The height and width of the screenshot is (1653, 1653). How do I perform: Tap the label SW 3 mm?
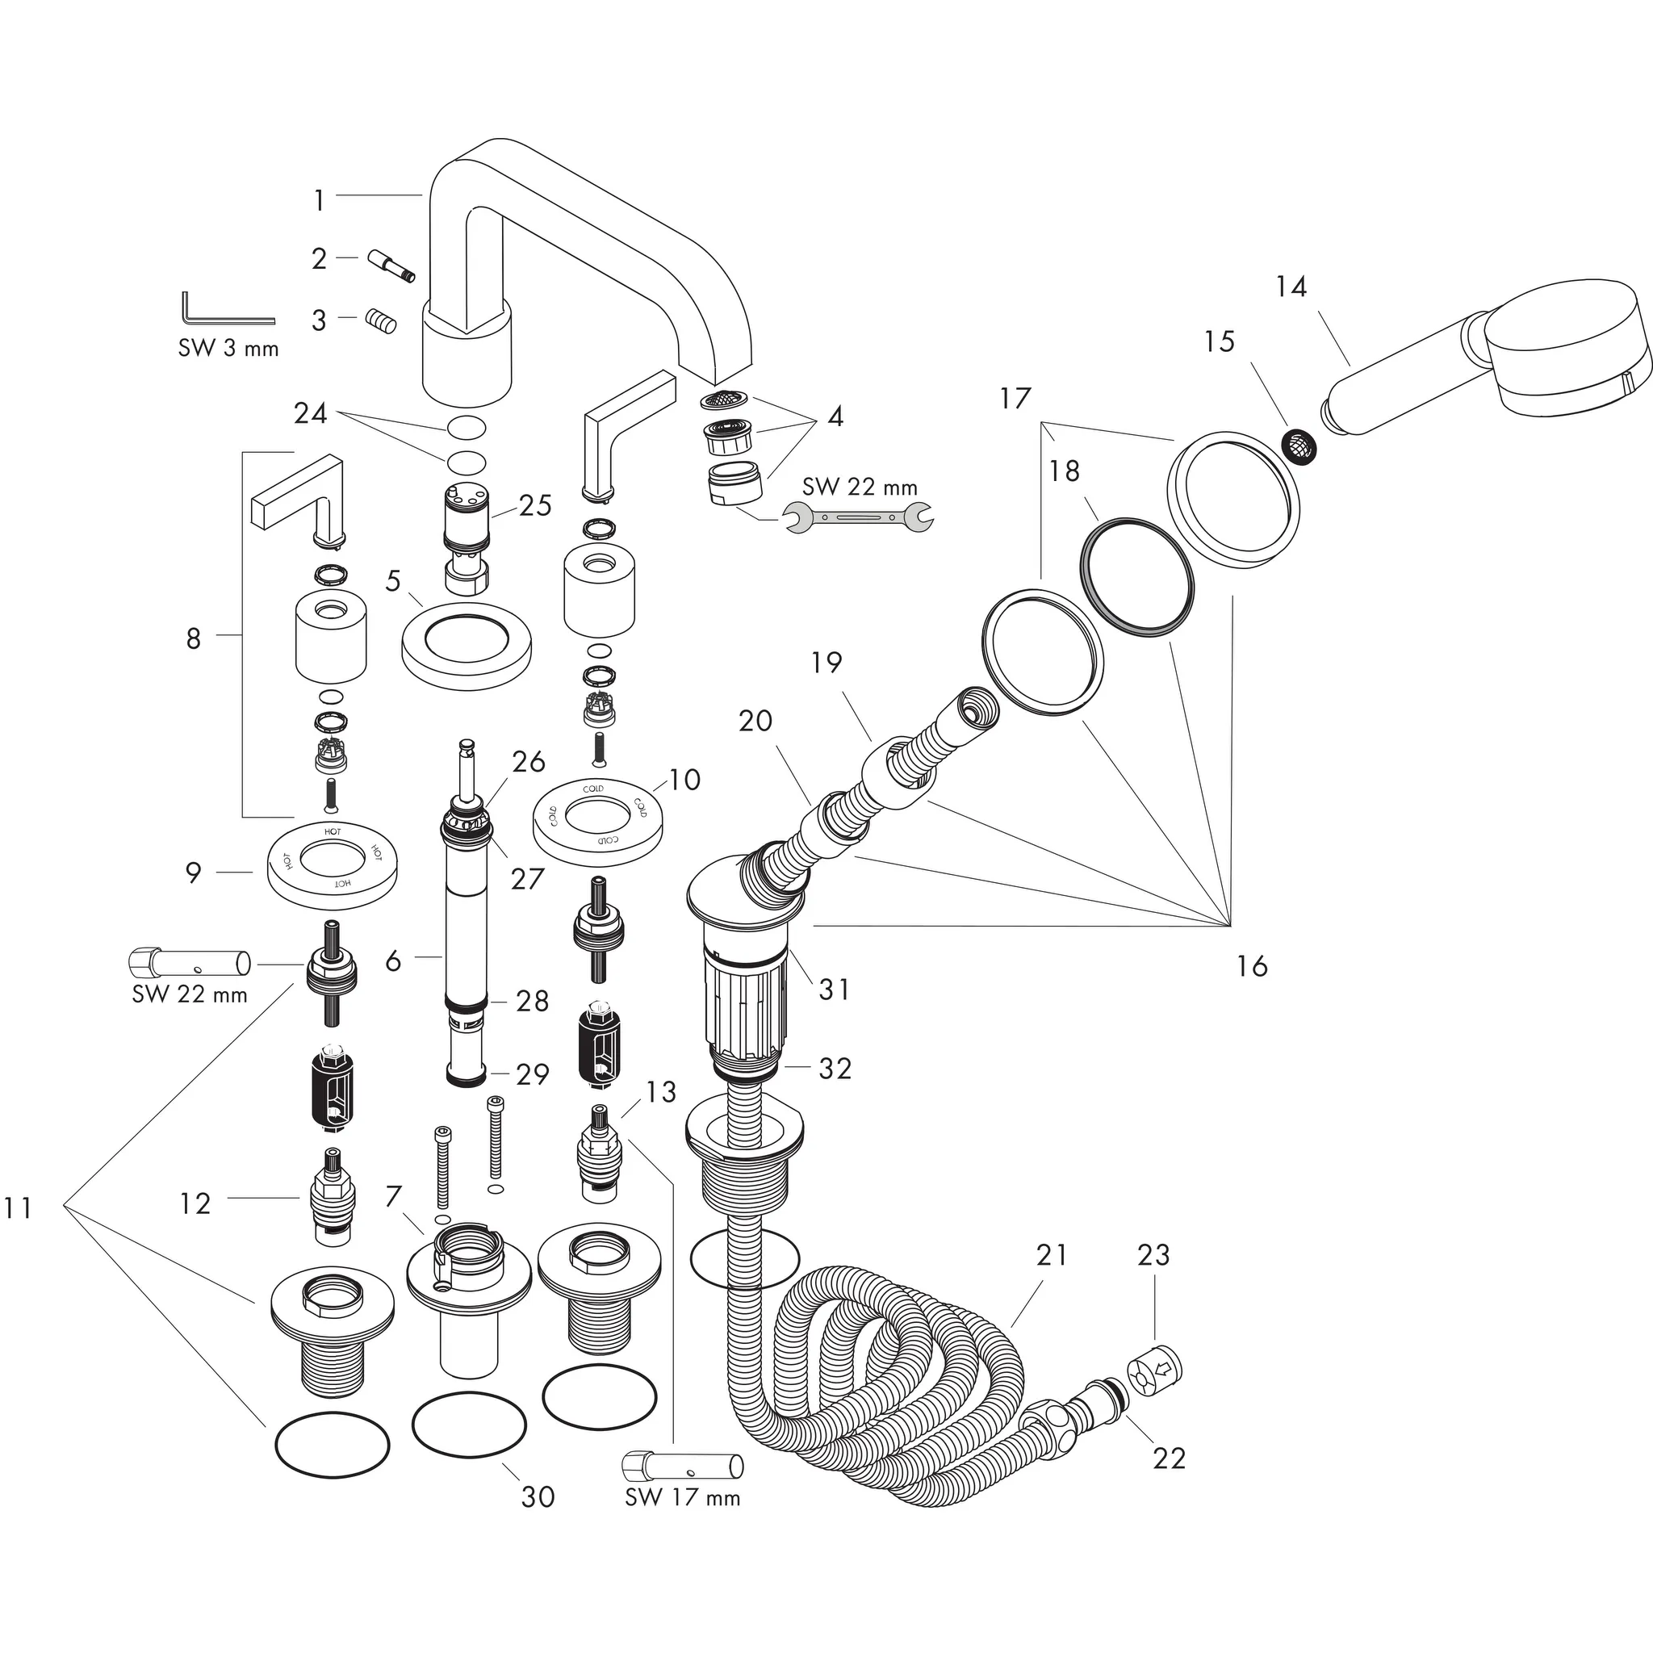(x=228, y=348)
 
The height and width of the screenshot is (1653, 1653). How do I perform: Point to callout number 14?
(x=1291, y=287)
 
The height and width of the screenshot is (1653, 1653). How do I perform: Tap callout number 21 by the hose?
(x=1052, y=1255)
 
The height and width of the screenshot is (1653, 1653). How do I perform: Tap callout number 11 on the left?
(x=17, y=1208)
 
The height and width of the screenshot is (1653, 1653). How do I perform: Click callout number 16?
(x=1251, y=966)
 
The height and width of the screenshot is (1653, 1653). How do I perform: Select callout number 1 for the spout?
(x=319, y=201)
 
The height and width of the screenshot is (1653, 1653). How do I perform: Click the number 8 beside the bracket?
(x=194, y=638)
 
